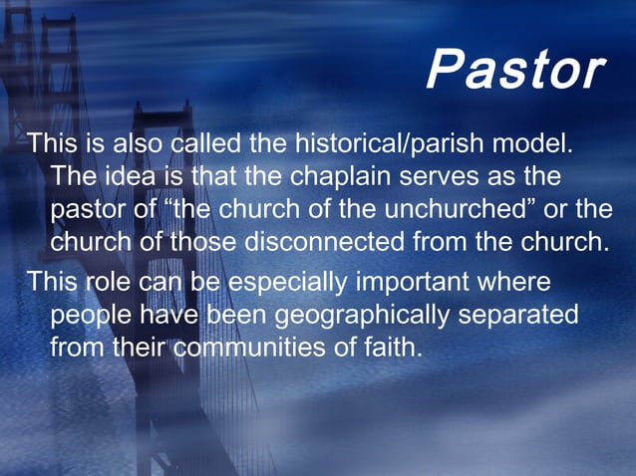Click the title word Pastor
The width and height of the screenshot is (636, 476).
click(x=514, y=70)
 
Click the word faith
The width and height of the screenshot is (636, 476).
click(x=391, y=349)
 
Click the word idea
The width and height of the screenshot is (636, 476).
click(x=131, y=178)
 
